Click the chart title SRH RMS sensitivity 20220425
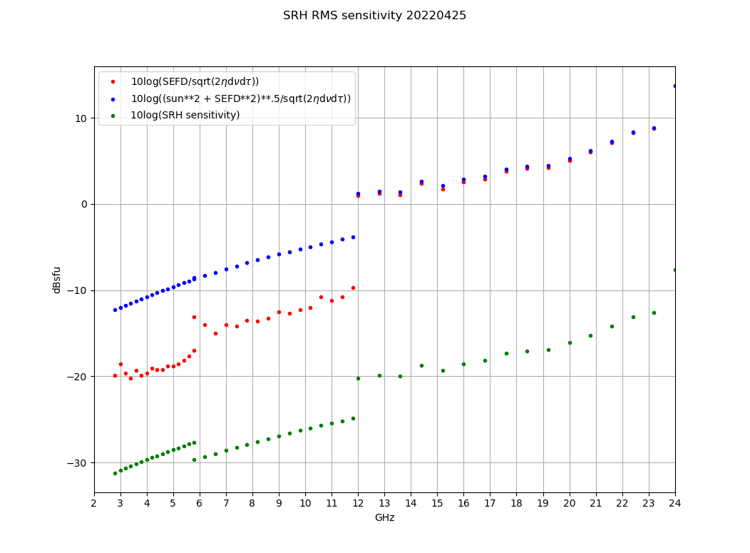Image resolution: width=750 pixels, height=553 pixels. pos(374,16)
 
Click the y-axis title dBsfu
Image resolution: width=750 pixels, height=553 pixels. pos(57,280)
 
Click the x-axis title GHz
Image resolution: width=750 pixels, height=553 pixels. pos(384,517)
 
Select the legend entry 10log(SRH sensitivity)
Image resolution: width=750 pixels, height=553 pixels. pos(185,115)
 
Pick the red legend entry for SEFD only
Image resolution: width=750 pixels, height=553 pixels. pos(195,81)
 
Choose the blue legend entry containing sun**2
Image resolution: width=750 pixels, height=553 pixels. pos(240,98)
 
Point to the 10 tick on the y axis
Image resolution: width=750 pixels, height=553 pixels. pos(80,118)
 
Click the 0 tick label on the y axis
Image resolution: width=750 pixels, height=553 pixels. pos(83,205)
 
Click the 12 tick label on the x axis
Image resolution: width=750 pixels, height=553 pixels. pos(358,503)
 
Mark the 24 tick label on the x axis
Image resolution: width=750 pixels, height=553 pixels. pos(674,503)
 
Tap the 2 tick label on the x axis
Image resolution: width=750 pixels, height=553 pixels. pos(94,503)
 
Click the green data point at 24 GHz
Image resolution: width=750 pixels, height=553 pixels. pos(674,270)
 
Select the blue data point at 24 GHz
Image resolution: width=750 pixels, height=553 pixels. pos(674,86)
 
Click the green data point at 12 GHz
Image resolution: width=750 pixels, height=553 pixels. pos(358,378)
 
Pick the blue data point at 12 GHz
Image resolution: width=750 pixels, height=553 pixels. pos(358,193)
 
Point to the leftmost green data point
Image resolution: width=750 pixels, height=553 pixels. pos(115,473)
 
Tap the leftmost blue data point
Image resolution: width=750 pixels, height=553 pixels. pos(115,310)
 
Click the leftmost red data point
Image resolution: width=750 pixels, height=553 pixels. pos(115,375)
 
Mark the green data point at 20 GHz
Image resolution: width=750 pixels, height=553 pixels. pos(570,343)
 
